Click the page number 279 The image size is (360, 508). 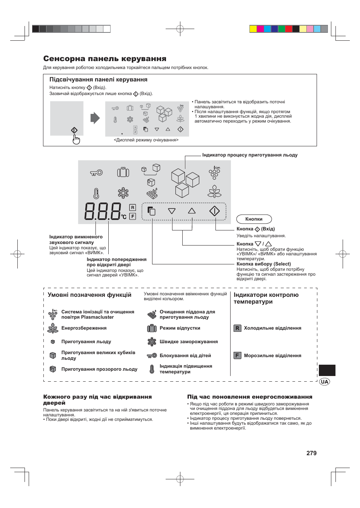(x=311, y=453)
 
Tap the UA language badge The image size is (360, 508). (x=324, y=382)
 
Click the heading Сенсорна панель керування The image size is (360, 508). (x=105, y=58)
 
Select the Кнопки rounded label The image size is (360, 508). (x=254, y=219)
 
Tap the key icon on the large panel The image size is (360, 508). (x=96, y=173)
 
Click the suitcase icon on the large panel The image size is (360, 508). (x=123, y=172)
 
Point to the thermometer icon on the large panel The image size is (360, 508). (x=96, y=193)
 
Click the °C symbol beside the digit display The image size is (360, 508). (x=124, y=217)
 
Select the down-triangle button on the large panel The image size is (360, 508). (x=172, y=211)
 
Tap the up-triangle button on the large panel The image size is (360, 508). (x=192, y=211)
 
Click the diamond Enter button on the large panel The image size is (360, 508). (x=214, y=211)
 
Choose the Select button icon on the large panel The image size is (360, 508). (x=151, y=211)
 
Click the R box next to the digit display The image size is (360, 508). (x=132, y=207)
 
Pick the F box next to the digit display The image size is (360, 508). (x=132, y=216)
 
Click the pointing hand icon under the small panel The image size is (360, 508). (x=76, y=140)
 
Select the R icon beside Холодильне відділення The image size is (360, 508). (x=237, y=328)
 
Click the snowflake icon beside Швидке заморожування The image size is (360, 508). (x=152, y=342)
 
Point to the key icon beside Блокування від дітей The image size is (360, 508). (x=152, y=355)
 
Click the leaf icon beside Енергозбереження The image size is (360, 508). (x=53, y=328)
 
